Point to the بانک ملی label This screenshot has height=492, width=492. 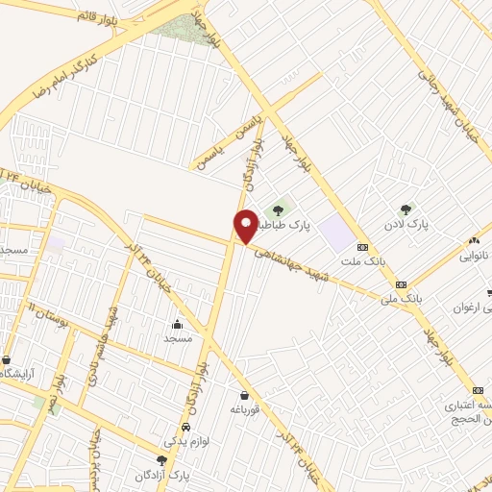pyautogui.click(x=402, y=299)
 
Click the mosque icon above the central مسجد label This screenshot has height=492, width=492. pyautogui.click(x=178, y=323)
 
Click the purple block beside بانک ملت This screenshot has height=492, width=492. pyautogui.click(x=336, y=232)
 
